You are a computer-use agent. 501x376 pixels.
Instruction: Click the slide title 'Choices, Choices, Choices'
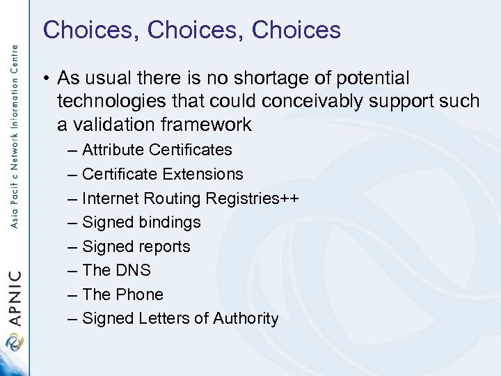pyautogui.click(x=191, y=30)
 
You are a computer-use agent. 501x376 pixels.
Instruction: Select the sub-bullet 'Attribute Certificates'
pyautogui.click(x=157, y=150)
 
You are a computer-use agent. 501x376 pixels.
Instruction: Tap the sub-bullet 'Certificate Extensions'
pyautogui.click(x=162, y=174)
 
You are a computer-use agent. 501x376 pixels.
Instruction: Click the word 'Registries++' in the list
pyautogui.click(x=252, y=198)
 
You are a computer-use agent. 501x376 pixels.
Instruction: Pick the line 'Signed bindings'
pyautogui.click(x=141, y=222)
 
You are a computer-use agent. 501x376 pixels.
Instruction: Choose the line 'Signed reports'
pyautogui.click(x=136, y=246)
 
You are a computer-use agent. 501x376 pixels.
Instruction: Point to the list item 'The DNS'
pyautogui.click(x=116, y=270)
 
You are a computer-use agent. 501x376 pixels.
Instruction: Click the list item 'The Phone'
pyautogui.click(x=122, y=295)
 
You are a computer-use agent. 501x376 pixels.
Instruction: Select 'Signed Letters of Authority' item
pyautogui.click(x=180, y=319)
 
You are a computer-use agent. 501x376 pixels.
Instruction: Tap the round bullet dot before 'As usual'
pyautogui.click(x=44, y=79)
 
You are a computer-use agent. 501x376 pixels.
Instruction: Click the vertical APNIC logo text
pyautogui.click(x=15, y=299)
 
